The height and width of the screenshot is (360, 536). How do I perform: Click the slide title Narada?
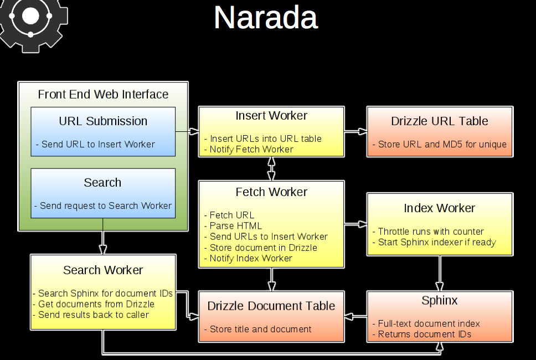pyautogui.click(x=265, y=18)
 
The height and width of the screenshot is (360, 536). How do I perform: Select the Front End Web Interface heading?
pyautogui.click(x=103, y=94)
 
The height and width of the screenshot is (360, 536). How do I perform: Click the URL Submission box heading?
pyautogui.click(x=103, y=121)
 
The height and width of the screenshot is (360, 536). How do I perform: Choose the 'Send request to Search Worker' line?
pyautogui.click(x=105, y=205)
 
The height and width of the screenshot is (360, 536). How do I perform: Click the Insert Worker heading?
pyautogui.click(x=271, y=116)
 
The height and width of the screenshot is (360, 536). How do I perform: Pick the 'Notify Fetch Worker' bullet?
pyautogui.click(x=251, y=149)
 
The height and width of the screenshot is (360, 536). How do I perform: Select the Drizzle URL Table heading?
pyautogui.click(x=440, y=121)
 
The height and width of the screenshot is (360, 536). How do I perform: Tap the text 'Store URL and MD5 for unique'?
pyautogui.click(x=442, y=145)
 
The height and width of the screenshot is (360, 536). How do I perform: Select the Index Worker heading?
pyautogui.click(x=440, y=208)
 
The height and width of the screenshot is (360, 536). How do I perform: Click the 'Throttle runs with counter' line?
pyautogui.click(x=431, y=232)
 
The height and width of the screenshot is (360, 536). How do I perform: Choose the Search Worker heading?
pyautogui.click(x=103, y=270)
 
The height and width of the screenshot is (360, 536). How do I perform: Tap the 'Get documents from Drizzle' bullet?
pyautogui.click(x=96, y=304)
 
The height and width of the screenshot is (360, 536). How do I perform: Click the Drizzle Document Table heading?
pyautogui.click(x=271, y=306)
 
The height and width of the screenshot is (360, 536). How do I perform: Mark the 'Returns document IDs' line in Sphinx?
pyautogui.click(x=424, y=334)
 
